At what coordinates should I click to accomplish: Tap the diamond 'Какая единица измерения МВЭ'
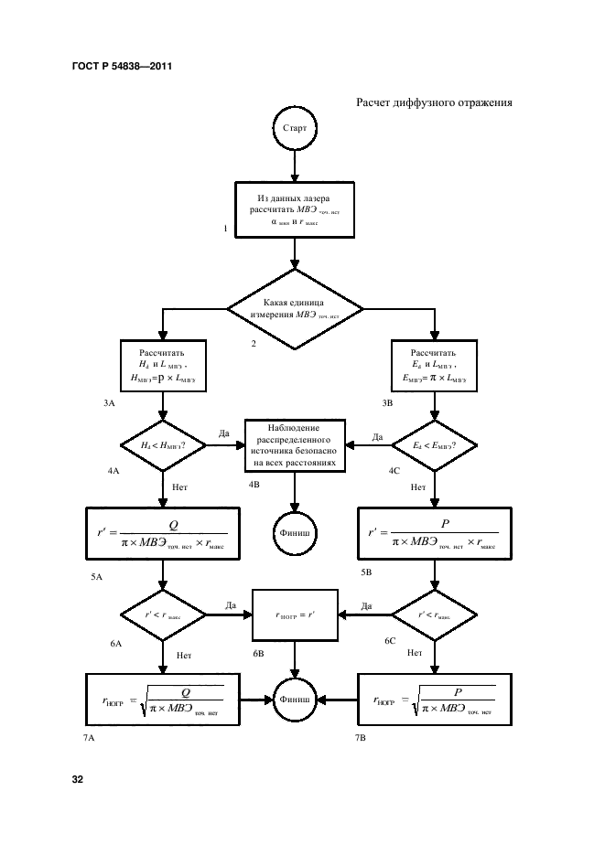coord(295,308)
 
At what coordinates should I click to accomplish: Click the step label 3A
coord(110,402)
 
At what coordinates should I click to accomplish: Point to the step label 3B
coord(386,402)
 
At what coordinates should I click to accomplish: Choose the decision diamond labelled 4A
coord(162,445)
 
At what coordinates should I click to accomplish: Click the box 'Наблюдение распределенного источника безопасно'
coord(295,445)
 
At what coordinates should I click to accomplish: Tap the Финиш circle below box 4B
coord(295,530)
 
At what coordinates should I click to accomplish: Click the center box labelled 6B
coord(295,615)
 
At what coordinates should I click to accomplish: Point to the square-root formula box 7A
coord(162,700)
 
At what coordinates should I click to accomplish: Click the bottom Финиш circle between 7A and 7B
coord(295,700)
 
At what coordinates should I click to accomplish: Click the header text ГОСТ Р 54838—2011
coord(122,67)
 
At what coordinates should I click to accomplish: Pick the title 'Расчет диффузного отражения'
coord(433,102)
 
